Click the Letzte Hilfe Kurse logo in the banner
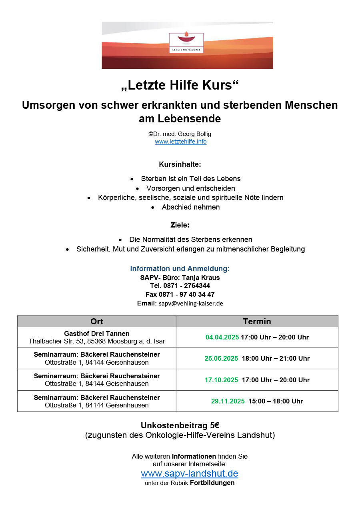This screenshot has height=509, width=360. (186, 43)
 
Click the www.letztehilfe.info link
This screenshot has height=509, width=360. (181, 142)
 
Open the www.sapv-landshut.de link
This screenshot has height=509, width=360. (190, 473)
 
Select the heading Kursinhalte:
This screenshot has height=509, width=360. (180, 164)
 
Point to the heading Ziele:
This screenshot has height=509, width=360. (180, 225)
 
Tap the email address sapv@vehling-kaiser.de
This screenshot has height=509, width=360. (191, 303)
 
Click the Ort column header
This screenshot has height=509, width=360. (97, 321)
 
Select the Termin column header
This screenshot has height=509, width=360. (257, 321)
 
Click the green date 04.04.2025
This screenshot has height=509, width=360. (222, 337)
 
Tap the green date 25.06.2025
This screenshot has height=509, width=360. (221, 358)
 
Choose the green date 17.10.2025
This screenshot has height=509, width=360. (221, 380)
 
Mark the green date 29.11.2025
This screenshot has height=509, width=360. (228, 401)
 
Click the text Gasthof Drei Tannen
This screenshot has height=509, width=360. (97, 333)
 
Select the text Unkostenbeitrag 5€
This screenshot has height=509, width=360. (180, 426)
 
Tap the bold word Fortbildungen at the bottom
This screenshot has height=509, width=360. (212, 483)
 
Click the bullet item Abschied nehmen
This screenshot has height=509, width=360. (191, 207)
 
